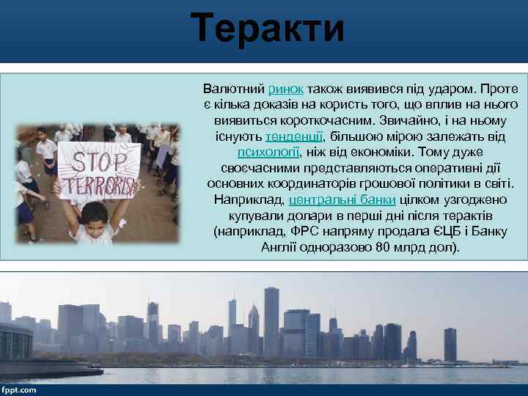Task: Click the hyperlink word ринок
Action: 287,88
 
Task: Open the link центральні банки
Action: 342,199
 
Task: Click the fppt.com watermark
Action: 19,389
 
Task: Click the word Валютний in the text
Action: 234,88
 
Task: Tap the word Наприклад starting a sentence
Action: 249,199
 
